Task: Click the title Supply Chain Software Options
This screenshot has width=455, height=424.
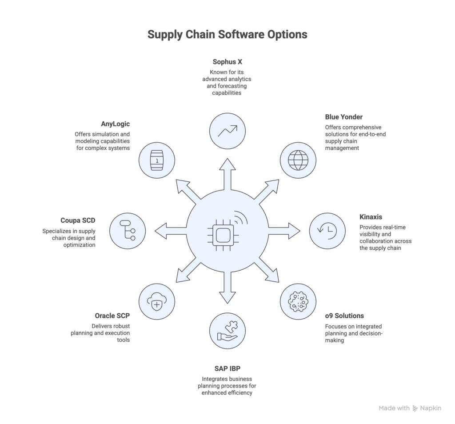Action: point(227,35)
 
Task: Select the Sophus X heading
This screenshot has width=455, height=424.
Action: point(227,62)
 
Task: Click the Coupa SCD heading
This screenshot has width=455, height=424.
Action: point(78,220)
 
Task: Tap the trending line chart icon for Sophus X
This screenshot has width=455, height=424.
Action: point(227,130)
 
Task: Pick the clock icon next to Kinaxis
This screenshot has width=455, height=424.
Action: point(327,230)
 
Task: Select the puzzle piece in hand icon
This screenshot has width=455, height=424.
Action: point(227,331)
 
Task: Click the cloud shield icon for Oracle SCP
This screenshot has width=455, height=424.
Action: point(156,301)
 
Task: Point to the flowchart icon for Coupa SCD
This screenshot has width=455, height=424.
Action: point(127,230)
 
